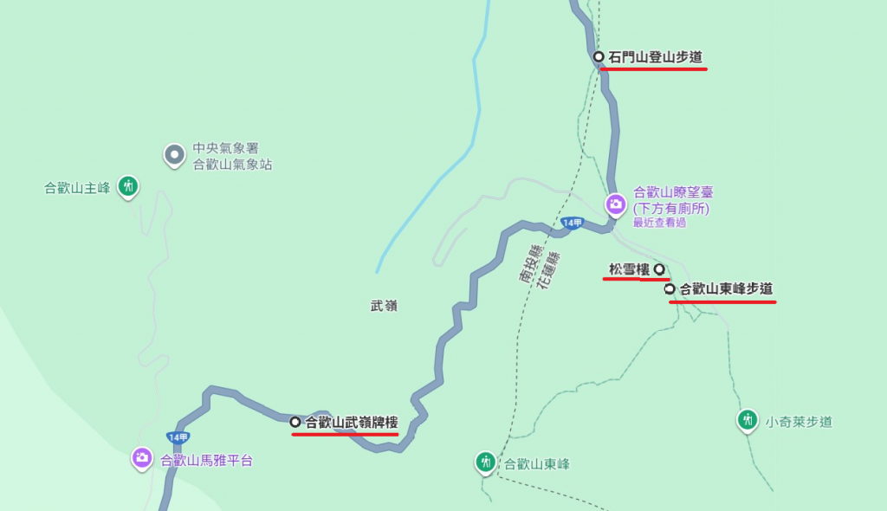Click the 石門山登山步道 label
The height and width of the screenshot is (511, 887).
655,57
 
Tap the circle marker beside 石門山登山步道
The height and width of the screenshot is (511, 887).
599,56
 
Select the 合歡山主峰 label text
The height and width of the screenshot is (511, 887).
78,188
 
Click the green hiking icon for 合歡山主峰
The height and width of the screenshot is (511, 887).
128,185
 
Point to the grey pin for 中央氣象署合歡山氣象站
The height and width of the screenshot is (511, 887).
174,155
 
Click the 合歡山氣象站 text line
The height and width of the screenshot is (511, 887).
232,165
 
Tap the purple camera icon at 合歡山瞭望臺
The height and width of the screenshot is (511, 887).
615,204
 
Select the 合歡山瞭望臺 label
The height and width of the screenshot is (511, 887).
673,192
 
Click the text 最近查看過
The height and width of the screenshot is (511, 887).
659,223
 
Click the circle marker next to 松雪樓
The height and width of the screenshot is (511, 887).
658,268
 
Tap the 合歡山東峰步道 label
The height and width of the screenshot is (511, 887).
726,289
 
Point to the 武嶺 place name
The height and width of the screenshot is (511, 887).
383,306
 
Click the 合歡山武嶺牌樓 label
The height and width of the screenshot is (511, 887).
351,423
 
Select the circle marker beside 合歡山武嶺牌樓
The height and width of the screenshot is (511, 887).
295,422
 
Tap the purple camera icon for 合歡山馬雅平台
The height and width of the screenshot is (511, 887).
142,457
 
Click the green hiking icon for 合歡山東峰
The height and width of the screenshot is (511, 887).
486,462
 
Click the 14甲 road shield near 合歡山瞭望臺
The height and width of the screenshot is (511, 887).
572,223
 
